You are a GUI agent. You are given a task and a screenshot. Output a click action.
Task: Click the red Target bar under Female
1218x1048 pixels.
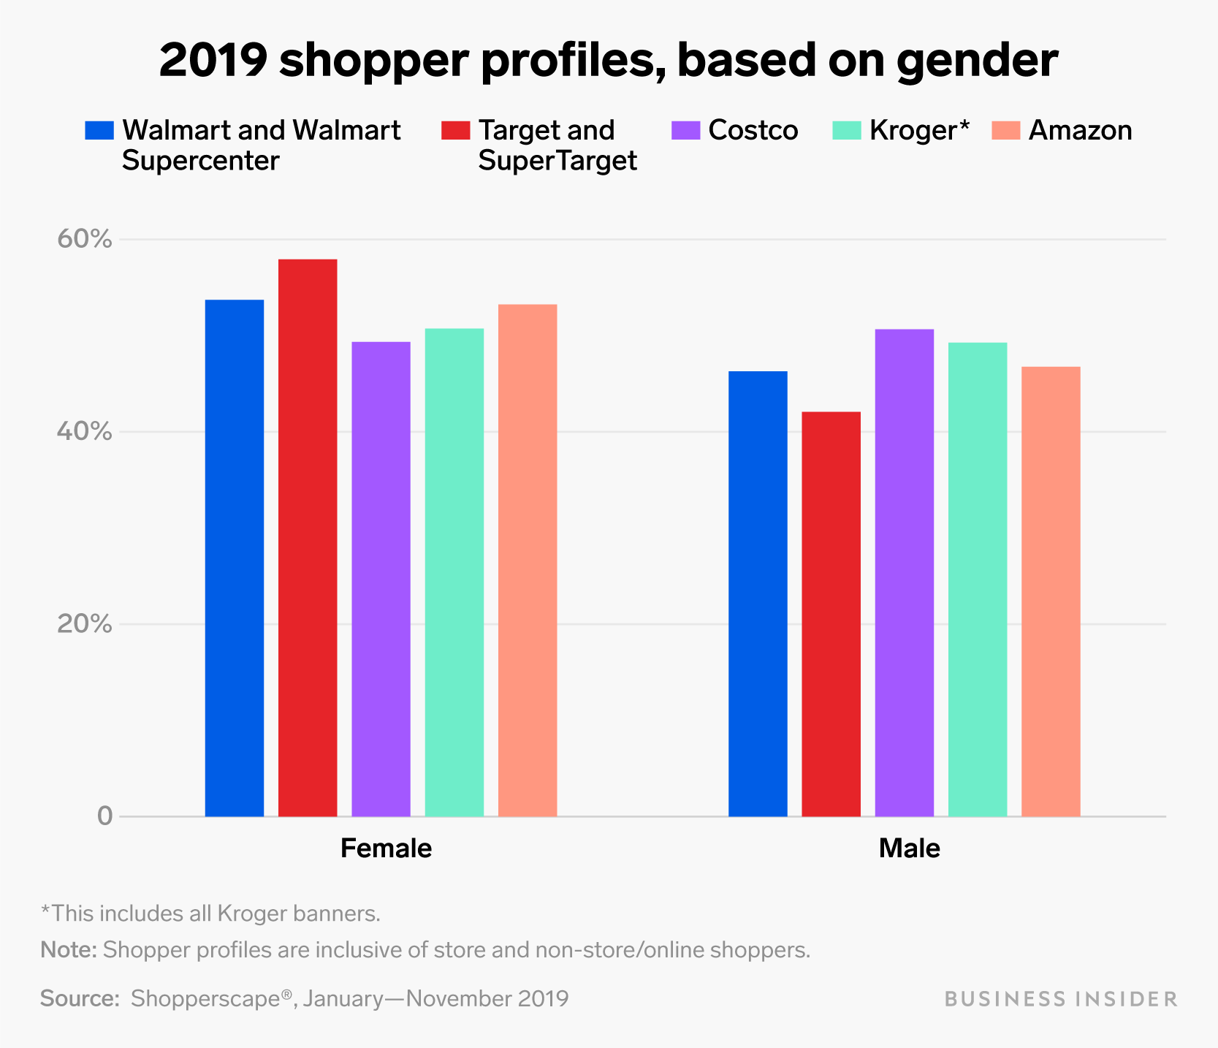pos(308,537)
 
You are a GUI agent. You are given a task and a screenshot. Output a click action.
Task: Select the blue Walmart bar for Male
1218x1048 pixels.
pos(758,593)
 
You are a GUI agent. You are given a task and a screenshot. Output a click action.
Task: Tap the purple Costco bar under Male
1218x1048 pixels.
pos(904,572)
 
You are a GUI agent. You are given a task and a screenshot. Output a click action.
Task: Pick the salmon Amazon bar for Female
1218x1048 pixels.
pos(528,560)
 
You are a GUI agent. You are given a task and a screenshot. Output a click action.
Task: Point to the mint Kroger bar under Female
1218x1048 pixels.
pos(454,572)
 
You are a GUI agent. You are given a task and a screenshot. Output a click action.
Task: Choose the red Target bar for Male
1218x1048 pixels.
pos(831,614)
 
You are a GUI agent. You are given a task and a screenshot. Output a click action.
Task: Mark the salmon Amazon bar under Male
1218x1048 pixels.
pos(1051,591)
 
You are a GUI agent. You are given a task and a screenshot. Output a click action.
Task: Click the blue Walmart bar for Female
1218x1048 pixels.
pos(235,558)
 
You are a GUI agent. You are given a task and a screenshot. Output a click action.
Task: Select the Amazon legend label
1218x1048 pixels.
pos(1080,130)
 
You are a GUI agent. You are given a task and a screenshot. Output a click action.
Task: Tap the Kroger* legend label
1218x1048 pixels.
pos(919,130)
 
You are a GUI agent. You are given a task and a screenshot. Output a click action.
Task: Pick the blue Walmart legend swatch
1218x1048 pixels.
pos(99,130)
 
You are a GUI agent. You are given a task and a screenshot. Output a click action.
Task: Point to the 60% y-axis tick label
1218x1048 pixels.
pos(85,239)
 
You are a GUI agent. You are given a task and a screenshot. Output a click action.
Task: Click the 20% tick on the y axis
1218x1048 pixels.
pos(85,624)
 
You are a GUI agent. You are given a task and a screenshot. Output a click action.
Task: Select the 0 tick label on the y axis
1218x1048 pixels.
pos(104,816)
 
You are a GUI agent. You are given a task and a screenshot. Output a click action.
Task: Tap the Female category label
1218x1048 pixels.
pos(386,848)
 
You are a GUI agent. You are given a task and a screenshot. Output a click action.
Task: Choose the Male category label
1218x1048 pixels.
pos(909,848)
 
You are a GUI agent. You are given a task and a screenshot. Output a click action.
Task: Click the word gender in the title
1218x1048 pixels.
pos(977,60)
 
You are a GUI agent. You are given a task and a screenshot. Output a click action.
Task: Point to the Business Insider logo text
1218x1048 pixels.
pos(1060,999)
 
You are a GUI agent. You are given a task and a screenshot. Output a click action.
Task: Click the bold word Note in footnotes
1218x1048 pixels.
pos(68,950)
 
